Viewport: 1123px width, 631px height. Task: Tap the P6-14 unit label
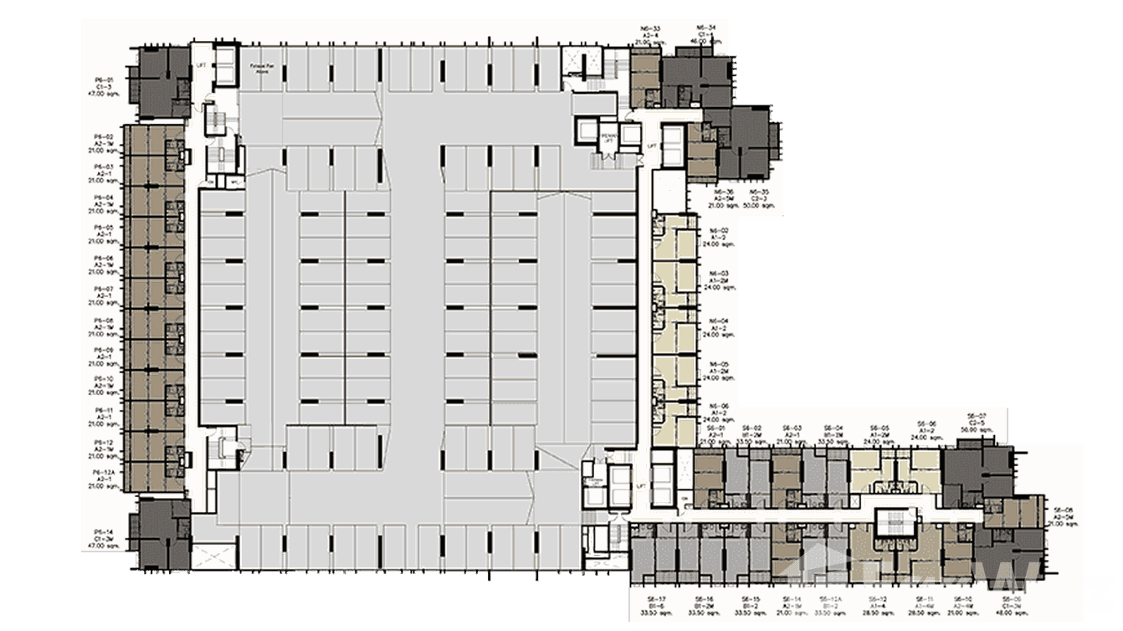[104, 531]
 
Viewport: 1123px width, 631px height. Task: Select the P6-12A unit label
[104, 473]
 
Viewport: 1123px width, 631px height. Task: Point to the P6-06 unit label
[104, 259]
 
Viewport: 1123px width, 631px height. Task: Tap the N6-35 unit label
[759, 192]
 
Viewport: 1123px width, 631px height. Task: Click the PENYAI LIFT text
[610, 137]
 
